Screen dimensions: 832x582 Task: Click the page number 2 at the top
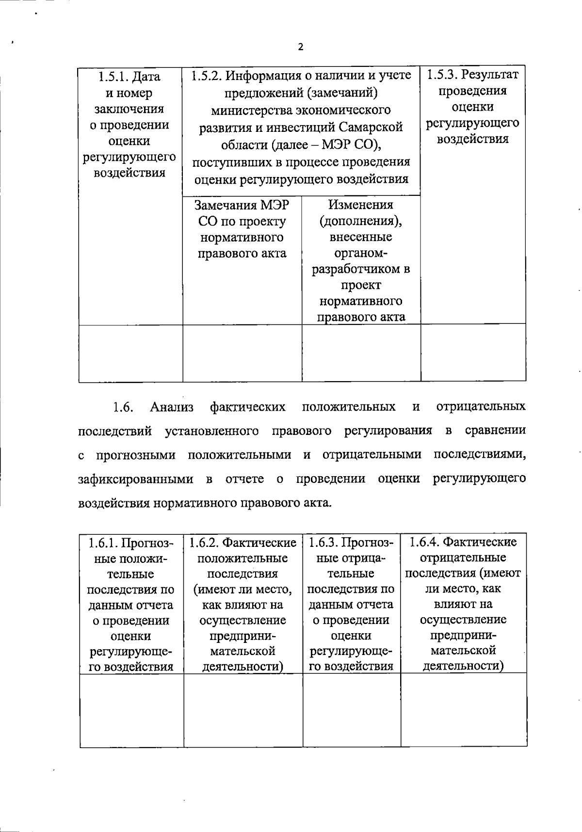(301, 47)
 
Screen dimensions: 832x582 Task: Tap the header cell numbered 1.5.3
(472, 107)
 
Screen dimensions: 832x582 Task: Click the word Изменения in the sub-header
(360, 205)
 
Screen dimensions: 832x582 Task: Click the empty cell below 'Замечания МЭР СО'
(242, 353)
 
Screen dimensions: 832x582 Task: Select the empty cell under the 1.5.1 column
(130, 353)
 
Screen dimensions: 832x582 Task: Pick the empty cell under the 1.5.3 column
(473, 353)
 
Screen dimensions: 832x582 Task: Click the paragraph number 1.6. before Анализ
(123, 407)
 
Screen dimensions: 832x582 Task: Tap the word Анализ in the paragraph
(172, 407)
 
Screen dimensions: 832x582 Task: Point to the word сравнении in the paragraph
(495, 431)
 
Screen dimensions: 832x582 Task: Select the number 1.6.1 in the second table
(103, 543)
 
